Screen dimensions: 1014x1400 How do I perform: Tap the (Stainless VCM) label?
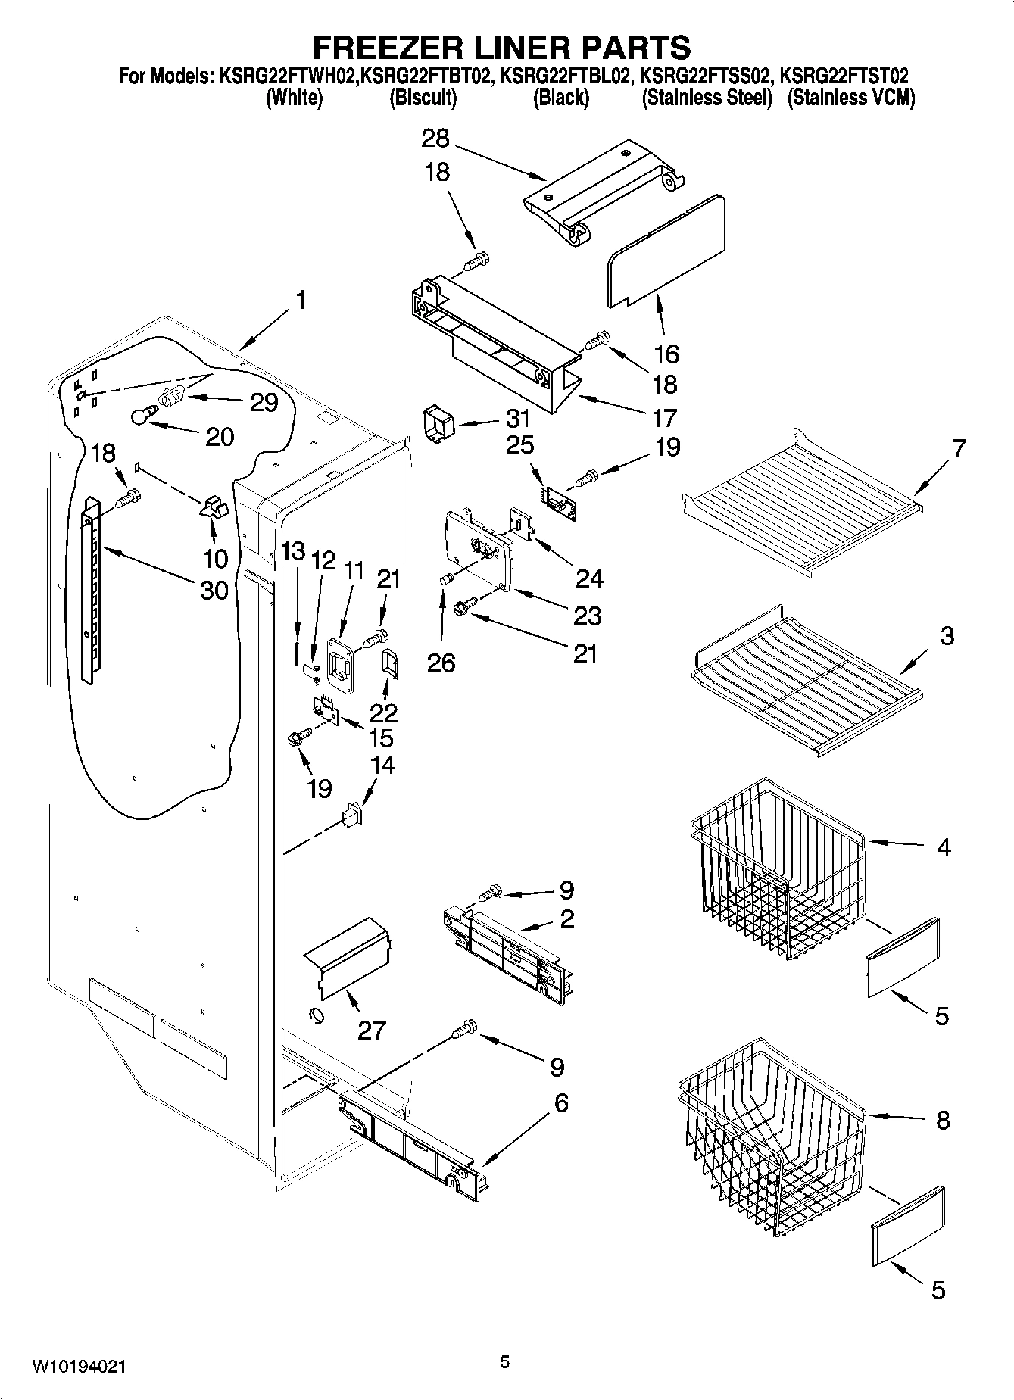[x=851, y=98]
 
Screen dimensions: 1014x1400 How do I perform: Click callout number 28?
[x=435, y=139]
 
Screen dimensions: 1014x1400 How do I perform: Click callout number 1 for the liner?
[x=301, y=301]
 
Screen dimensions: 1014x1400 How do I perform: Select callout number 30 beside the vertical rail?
[x=214, y=589]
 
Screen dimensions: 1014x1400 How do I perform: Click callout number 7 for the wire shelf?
[x=959, y=448]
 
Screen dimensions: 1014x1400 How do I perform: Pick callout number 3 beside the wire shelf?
[x=947, y=635]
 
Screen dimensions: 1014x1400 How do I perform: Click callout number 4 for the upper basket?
[x=943, y=847]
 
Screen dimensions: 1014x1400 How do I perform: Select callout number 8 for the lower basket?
[x=942, y=1120]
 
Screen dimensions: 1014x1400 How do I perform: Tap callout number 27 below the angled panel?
[x=371, y=1030]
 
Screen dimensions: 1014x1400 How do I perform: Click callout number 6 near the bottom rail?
[x=560, y=1102]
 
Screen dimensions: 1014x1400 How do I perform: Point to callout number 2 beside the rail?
[x=566, y=918]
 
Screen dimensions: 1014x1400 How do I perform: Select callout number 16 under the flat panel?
[x=666, y=354]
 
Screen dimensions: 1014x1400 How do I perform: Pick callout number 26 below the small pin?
[x=441, y=663]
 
